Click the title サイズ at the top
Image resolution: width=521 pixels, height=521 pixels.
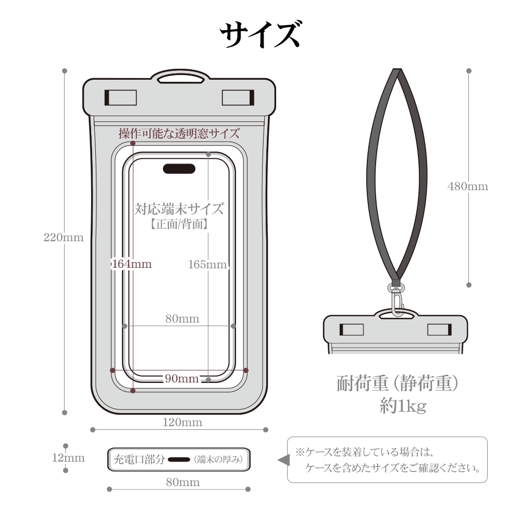coord(260,34)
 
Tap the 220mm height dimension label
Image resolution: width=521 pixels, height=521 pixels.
coord(64,237)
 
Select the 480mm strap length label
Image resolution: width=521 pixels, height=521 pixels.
coord(468,186)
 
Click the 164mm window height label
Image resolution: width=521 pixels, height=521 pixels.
coord(132,264)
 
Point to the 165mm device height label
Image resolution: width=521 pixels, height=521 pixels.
coord(208,264)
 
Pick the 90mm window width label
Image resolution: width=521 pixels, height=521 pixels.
coord(182,378)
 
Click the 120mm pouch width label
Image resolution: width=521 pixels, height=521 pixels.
coord(182,422)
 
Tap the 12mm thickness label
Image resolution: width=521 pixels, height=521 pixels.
coord(68,457)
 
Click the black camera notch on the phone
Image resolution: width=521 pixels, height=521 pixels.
coord(179,168)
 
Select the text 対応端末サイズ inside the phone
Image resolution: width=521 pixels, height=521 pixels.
coord(179,209)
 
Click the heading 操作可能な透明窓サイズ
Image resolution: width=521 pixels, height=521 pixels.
coord(179,133)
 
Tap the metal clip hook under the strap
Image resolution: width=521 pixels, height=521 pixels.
coord(396,300)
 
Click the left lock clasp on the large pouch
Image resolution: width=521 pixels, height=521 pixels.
coord(121,97)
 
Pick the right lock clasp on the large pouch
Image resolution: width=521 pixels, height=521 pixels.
coord(238,97)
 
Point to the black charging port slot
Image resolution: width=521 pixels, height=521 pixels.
coord(179,460)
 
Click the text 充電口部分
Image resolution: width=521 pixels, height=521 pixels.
coord(139,460)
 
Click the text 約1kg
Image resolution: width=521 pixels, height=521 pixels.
coord(403,405)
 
